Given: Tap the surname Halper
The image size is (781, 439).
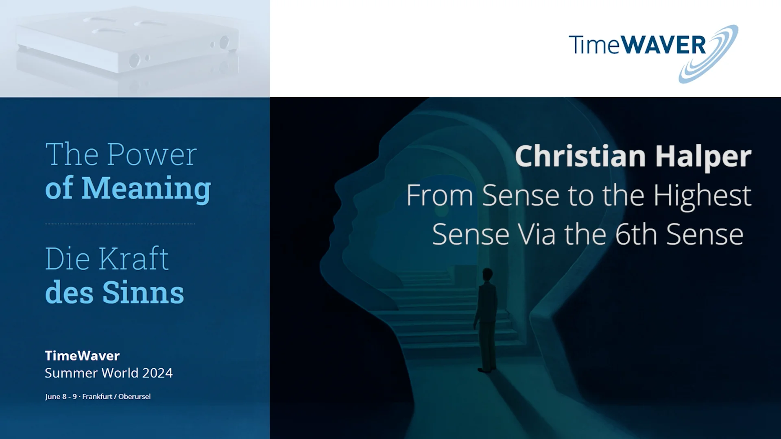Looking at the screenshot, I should [703, 157].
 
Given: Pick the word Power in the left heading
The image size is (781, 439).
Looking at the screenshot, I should [152, 154].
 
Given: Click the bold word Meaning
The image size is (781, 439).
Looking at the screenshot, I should [146, 188].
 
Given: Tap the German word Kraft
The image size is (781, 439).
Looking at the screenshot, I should [133, 259].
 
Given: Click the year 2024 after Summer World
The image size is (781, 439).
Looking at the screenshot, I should [157, 373].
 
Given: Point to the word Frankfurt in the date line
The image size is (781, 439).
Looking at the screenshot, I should [97, 396].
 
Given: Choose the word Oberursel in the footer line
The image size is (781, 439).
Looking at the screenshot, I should [134, 396].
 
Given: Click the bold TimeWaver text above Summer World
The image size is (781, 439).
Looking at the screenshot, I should [82, 356].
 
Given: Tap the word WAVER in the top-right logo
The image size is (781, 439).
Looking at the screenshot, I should [663, 45].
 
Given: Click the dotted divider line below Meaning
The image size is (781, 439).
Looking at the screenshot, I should [120, 224].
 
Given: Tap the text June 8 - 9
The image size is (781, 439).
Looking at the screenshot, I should [61, 396].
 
